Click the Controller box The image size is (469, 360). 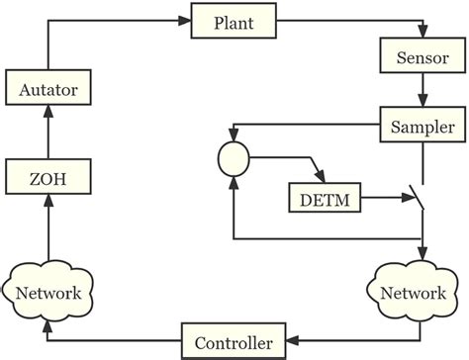point(233,342)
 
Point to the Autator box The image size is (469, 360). point(47,90)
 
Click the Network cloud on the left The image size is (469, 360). point(47,293)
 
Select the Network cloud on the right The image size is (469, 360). point(413,293)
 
